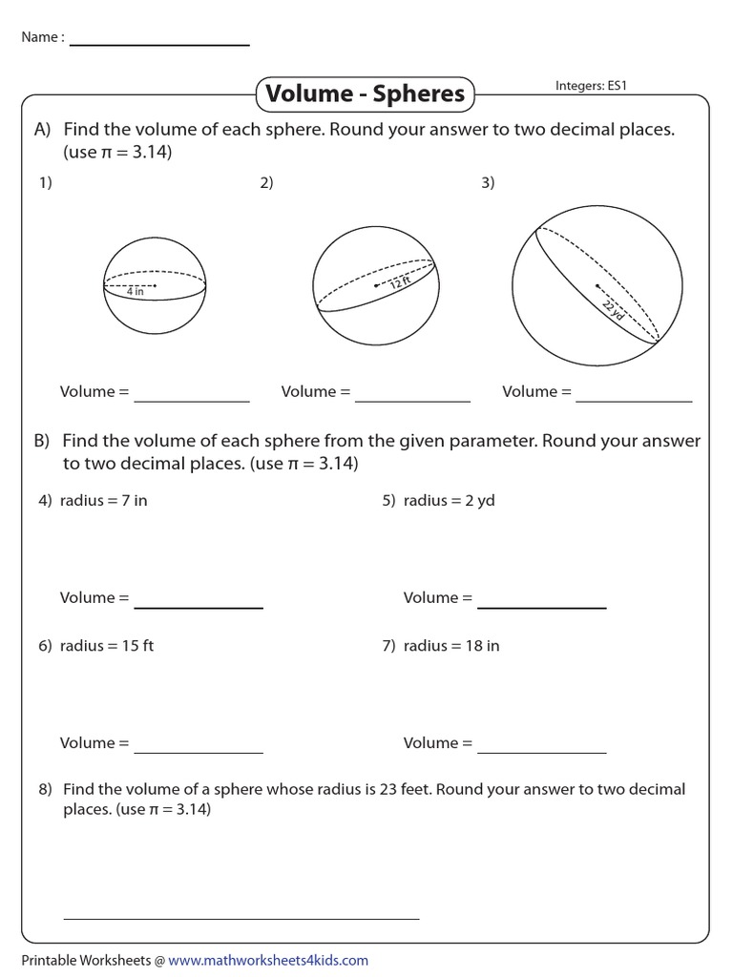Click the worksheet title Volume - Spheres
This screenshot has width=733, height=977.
click(366, 94)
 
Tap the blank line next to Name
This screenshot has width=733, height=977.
click(159, 45)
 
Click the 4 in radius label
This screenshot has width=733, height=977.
click(135, 292)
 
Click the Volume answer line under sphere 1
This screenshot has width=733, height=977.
click(192, 401)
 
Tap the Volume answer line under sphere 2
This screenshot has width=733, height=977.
click(412, 401)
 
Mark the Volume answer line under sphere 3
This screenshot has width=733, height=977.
click(634, 401)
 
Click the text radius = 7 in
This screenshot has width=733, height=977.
click(103, 501)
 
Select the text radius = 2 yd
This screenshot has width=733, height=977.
click(449, 501)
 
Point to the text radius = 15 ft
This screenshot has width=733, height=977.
click(106, 646)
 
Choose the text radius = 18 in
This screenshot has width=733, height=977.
click(450, 646)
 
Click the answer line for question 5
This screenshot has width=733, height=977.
click(541, 607)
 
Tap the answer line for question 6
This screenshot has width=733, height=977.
click(199, 752)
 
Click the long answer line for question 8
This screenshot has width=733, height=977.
click(241, 919)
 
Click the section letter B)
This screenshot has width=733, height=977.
click(41, 442)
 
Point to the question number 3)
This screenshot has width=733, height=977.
click(488, 184)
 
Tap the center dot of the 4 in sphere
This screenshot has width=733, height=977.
click(155, 284)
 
